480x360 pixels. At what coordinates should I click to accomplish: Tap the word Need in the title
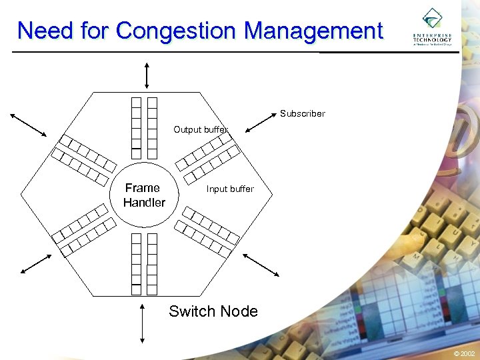click(43, 31)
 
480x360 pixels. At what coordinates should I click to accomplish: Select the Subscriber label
click(302, 113)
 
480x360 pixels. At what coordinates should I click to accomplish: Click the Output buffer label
click(201, 129)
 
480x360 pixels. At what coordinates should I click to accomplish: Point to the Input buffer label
click(230, 189)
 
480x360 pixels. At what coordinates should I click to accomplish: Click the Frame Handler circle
click(144, 195)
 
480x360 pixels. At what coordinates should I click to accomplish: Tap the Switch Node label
click(213, 311)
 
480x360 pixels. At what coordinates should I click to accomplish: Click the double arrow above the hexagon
click(146, 75)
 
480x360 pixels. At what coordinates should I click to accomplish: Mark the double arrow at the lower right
click(261, 263)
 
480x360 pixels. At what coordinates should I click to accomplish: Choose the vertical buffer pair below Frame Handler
click(144, 263)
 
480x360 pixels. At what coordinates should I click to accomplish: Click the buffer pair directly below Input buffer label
click(209, 230)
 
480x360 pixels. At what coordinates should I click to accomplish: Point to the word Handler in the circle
click(144, 202)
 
